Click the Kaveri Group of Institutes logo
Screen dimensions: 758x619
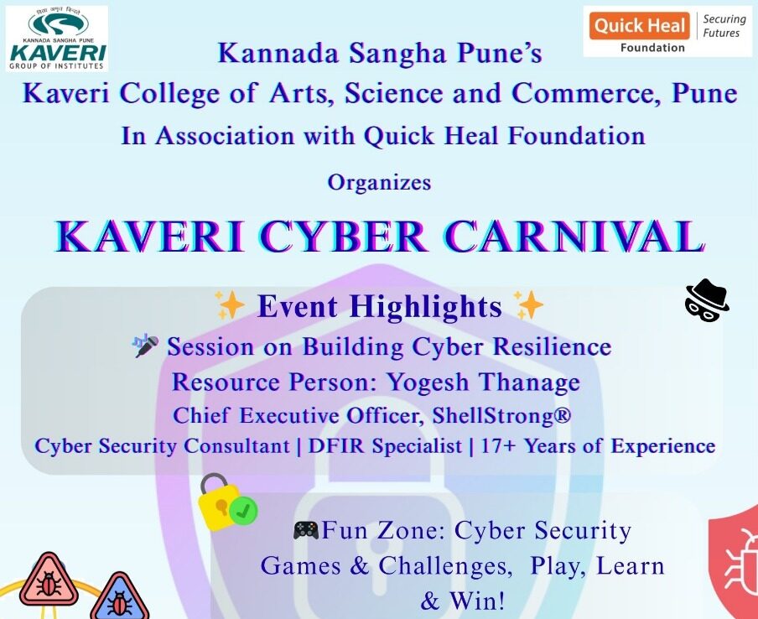pyautogui.click(x=57, y=39)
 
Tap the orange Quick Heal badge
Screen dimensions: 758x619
pyautogui.click(x=640, y=26)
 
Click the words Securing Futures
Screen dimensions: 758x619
pyautogui.click(x=724, y=26)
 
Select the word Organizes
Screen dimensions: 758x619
pyautogui.click(x=379, y=183)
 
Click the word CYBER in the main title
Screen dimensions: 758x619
pyautogui.click(x=345, y=237)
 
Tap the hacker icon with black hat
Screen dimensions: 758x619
pyautogui.click(x=707, y=299)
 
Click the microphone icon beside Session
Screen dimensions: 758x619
pyautogui.click(x=146, y=346)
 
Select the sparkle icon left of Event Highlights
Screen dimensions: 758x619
pyautogui.click(x=230, y=305)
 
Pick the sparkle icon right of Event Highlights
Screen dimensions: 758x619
pyautogui.click(x=528, y=305)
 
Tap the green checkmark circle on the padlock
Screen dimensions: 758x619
pyautogui.click(x=243, y=511)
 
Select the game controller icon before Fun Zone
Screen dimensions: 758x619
pyautogui.click(x=306, y=530)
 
